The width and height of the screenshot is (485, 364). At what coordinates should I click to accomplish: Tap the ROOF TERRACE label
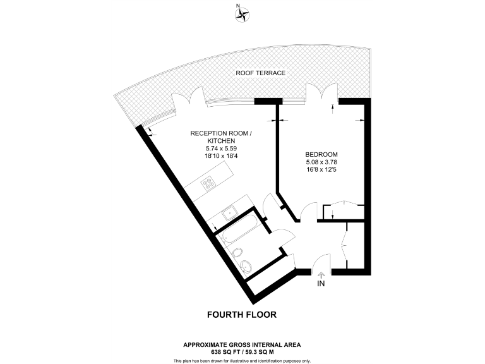click(x=261, y=73)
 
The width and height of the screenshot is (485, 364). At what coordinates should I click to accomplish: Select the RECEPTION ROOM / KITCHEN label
click(x=220, y=137)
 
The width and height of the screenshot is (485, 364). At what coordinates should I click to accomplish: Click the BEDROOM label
click(x=321, y=155)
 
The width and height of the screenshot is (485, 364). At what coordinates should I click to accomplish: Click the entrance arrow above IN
click(x=321, y=275)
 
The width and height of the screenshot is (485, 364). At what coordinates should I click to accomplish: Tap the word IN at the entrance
click(x=321, y=284)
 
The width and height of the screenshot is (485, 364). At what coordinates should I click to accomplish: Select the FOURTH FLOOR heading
click(x=242, y=314)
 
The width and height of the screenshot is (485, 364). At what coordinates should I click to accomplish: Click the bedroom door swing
click(x=308, y=210)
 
